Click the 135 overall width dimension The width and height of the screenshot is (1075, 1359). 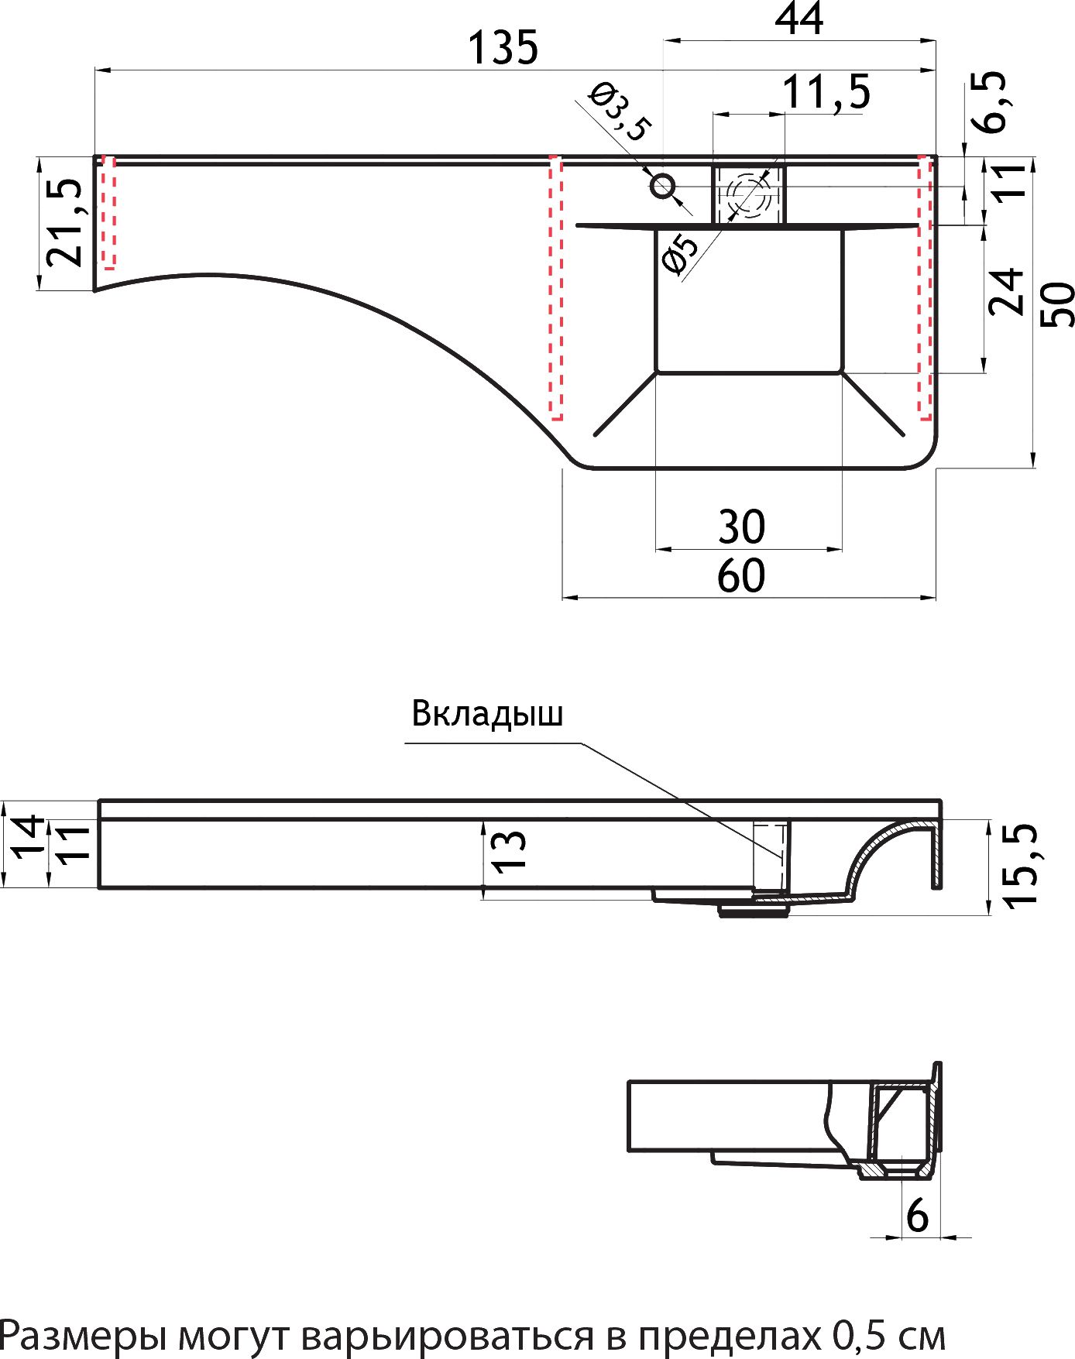tap(503, 47)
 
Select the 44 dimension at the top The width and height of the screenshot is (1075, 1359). tap(799, 19)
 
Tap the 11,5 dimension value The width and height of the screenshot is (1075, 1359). tap(826, 92)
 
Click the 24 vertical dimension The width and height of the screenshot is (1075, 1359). tap(1006, 291)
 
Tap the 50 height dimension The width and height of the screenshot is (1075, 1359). tap(1056, 304)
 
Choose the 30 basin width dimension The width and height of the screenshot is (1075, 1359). tap(742, 527)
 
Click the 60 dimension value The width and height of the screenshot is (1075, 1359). tap(741, 576)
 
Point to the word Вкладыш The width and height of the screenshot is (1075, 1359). tap(487, 713)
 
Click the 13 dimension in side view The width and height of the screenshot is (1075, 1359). tap(509, 852)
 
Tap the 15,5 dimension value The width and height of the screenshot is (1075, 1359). tap(1019, 864)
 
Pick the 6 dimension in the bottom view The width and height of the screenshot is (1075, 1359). tap(917, 1215)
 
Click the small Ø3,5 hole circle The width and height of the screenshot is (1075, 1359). tap(663, 186)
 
